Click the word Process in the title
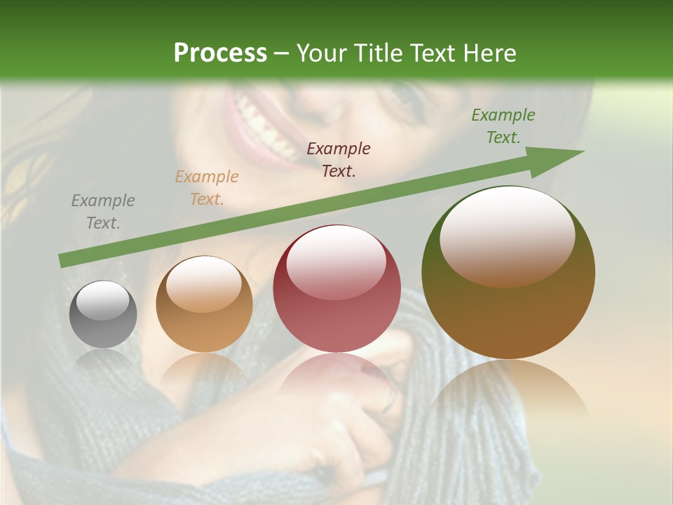220,53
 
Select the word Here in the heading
489,53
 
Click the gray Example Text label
103,212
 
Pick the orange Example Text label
207,188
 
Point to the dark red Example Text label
339,160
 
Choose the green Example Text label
503,126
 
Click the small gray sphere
103,314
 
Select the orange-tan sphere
204,304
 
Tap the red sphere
336,289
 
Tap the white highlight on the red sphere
336,261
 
